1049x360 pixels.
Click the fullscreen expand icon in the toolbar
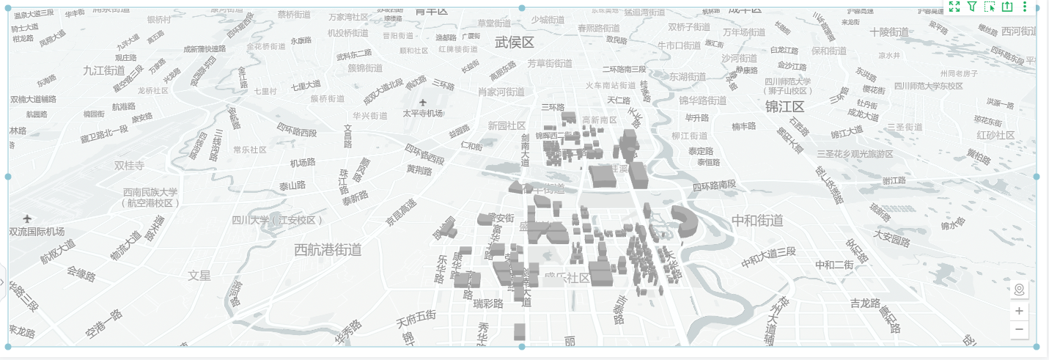[954, 7]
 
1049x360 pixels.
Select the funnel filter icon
[972, 7]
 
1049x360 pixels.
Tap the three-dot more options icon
[1025, 7]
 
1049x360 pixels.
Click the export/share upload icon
[1007, 7]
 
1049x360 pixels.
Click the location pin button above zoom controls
[1019, 290]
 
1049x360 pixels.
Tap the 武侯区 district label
[515, 43]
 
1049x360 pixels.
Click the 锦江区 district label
[785, 107]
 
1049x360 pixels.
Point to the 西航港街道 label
[328, 250]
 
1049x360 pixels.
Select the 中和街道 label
[757, 221]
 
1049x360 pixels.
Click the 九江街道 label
[104, 71]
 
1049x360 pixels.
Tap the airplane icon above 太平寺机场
[422, 102]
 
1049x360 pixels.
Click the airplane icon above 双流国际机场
[28, 218]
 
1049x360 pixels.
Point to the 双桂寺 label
[130, 166]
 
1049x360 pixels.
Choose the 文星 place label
[199, 276]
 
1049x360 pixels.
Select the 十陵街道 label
[889, 32]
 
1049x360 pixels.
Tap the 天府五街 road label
[416, 319]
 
